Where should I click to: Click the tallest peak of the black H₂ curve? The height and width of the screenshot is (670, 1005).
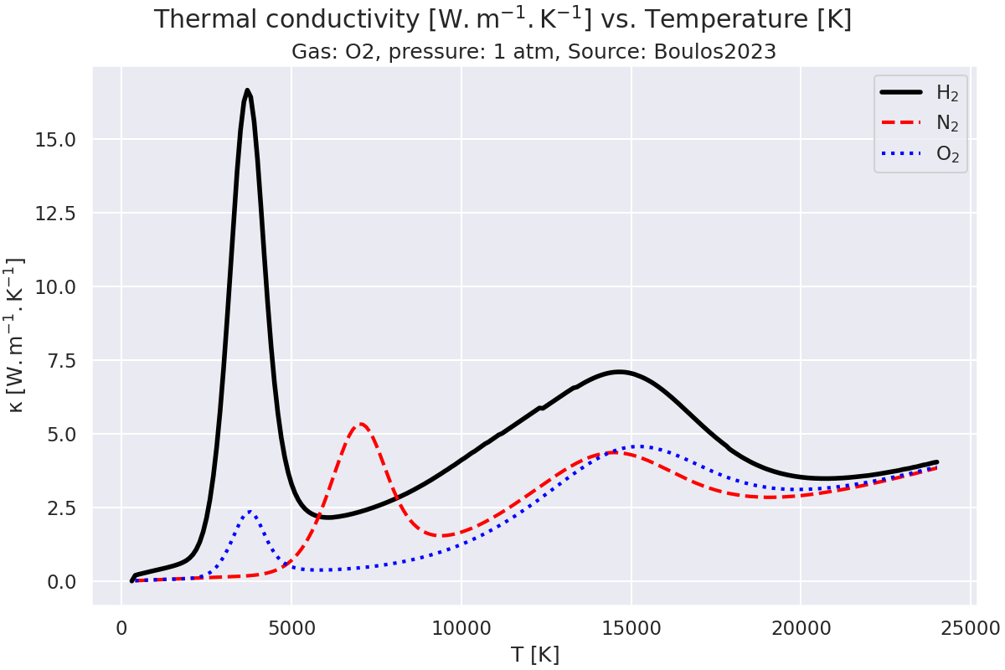tap(247, 90)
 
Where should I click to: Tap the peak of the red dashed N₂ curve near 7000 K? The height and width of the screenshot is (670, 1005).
tap(360, 424)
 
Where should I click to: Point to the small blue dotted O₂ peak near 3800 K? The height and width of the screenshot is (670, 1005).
tap(250, 512)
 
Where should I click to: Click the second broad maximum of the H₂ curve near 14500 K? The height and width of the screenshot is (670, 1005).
tap(619, 372)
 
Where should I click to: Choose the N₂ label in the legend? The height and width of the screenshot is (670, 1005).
tap(946, 124)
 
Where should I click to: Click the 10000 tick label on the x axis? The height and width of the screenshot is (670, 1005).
tap(461, 626)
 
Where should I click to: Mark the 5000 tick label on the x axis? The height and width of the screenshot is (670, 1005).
tap(291, 626)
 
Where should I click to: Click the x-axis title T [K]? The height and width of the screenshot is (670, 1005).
tap(534, 654)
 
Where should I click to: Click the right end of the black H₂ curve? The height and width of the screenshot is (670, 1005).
tap(936, 462)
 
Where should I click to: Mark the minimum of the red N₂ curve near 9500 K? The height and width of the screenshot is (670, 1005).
tap(443, 536)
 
